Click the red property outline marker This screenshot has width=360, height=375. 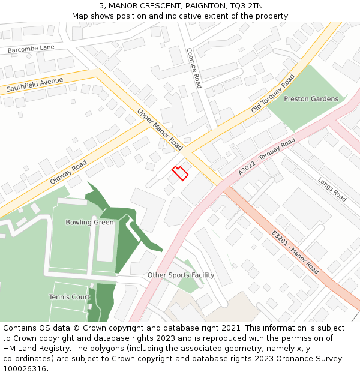180,173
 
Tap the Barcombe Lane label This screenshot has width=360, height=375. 31,48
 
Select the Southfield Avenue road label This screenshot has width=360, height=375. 34,85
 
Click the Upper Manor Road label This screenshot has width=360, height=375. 160,130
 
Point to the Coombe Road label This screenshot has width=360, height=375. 194,68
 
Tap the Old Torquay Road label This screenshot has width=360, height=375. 273,94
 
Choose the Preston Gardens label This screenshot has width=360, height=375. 311,99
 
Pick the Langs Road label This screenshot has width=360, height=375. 332,190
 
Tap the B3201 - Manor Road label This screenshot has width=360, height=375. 295,252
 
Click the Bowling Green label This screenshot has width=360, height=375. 89,223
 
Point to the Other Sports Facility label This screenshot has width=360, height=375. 181,275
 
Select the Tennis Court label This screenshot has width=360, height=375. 70,297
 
